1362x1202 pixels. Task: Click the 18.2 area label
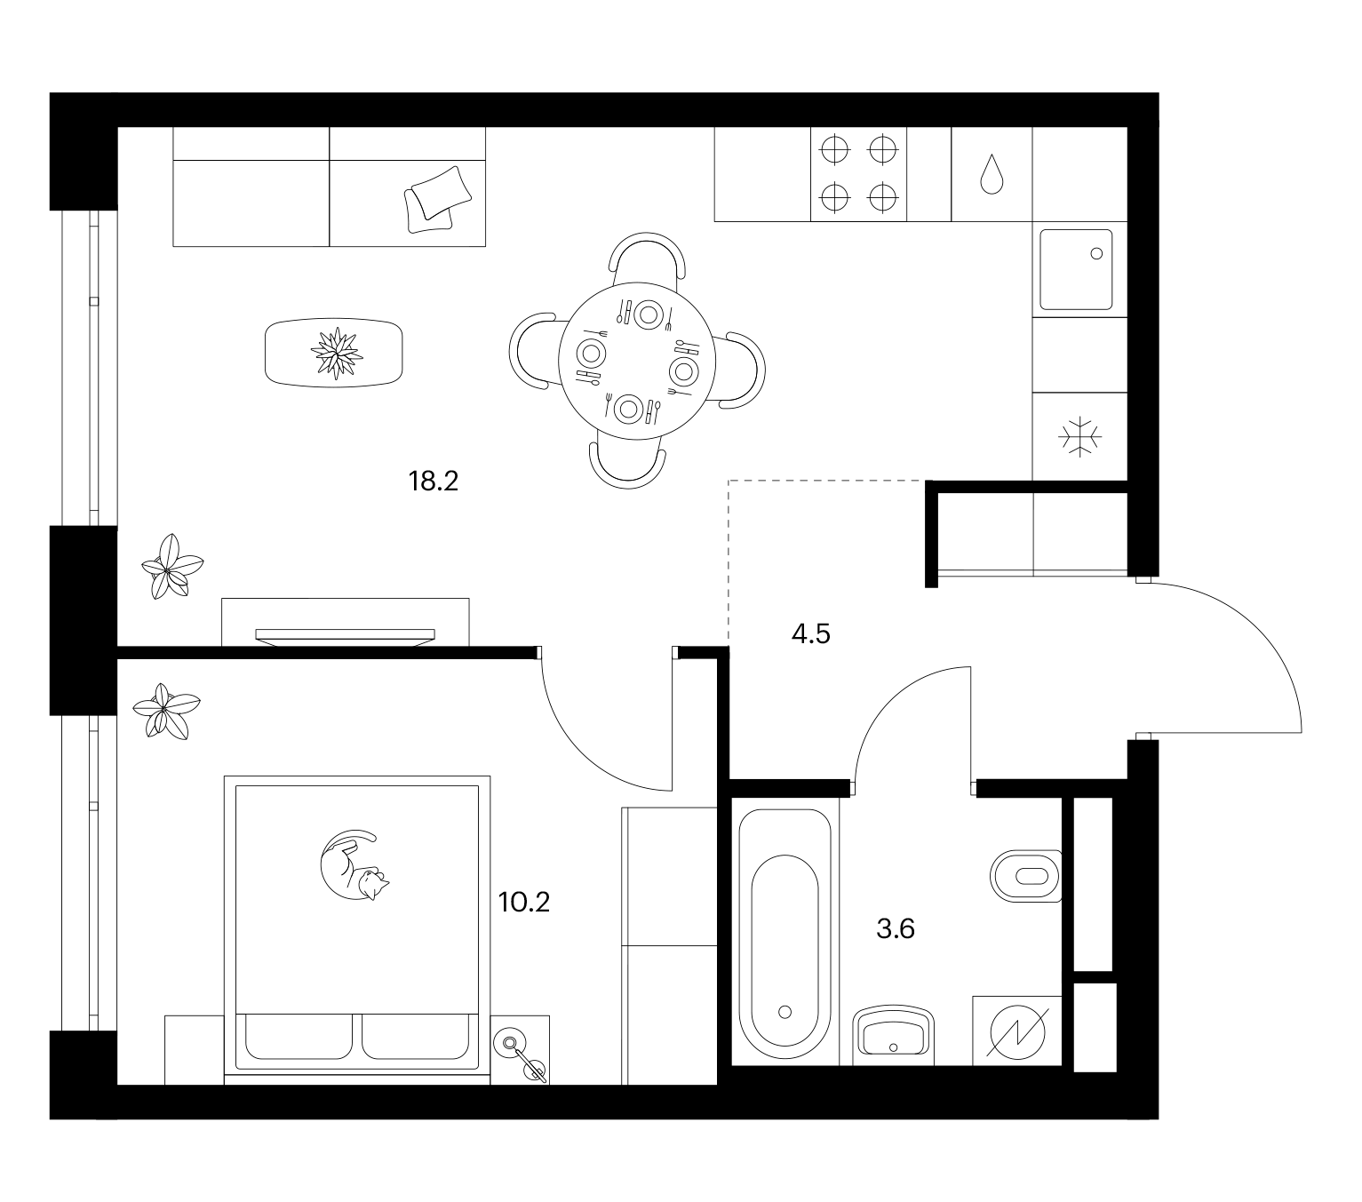[434, 482]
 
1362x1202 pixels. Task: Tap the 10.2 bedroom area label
[523, 903]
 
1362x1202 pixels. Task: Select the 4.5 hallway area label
[811, 634]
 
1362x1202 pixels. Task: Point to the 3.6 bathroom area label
[896, 929]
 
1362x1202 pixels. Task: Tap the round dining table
[637, 361]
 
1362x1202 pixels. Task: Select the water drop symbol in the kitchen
[992, 174]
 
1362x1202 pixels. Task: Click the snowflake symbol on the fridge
[1079, 437]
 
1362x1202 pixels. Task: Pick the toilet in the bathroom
[1026, 876]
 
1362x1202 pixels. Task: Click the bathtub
[785, 937]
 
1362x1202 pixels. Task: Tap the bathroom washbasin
[894, 1036]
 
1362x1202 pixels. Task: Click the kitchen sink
[1076, 269]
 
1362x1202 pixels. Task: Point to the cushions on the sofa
[438, 200]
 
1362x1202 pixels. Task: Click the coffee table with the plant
[334, 353]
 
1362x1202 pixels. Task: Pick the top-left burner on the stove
[835, 149]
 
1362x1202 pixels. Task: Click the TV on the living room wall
[345, 637]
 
